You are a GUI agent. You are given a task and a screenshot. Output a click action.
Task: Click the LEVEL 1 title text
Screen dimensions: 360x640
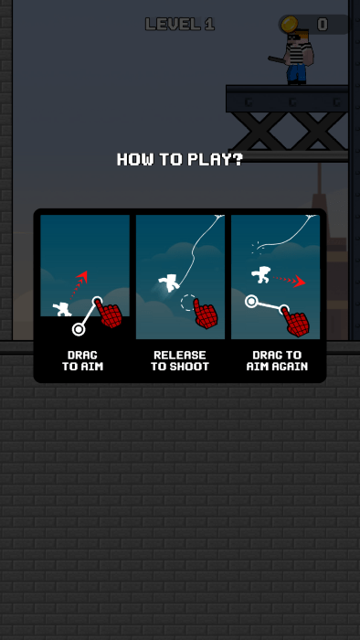180,25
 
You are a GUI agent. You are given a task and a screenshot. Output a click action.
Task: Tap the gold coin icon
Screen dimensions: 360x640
290,24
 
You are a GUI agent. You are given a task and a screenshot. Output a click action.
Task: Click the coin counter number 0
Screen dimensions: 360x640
323,25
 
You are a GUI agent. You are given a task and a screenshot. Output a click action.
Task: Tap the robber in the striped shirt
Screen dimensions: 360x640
295,57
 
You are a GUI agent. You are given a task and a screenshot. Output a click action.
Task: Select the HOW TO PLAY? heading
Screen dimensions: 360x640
180,159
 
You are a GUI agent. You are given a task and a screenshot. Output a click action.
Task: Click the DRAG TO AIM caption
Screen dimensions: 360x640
83,360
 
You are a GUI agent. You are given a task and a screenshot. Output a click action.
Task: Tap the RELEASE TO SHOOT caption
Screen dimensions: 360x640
180,360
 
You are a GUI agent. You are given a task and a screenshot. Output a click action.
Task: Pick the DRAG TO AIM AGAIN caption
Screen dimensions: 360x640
277,360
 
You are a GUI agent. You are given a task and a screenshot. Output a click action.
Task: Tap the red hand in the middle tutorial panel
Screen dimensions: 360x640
205,314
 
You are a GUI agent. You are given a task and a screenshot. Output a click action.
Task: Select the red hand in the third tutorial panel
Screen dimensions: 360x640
295,322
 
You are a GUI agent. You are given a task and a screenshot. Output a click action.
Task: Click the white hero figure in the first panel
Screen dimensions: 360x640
62,309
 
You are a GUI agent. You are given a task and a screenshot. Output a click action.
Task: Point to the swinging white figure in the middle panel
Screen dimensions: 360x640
169,283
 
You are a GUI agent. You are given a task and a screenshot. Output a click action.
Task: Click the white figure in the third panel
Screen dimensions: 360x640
260,274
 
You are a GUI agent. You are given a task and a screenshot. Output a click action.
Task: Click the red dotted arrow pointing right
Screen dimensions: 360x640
289,280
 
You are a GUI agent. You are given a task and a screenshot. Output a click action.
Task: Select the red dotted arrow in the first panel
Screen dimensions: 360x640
79,284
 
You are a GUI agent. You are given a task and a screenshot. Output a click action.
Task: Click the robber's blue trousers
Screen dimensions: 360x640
296,73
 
